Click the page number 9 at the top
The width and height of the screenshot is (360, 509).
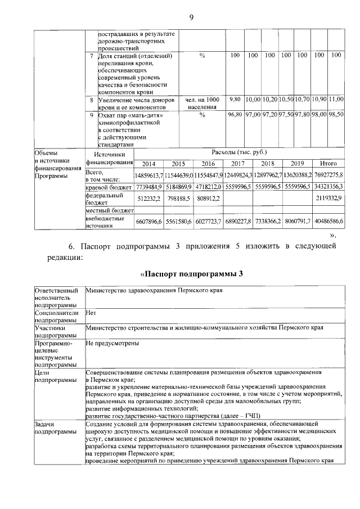[x=191, y=16]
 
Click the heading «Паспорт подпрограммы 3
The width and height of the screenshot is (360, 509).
[x=191, y=274]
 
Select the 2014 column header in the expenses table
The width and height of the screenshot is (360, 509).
[x=149, y=164]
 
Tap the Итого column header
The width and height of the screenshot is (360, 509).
[x=328, y=164]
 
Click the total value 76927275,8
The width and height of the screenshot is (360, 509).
[x=328, y=175]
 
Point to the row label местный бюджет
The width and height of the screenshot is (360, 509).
[x=109, y=210]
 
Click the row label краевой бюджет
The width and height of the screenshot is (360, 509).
[x=109, y=186]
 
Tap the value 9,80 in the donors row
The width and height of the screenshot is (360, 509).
[x=235, y=99]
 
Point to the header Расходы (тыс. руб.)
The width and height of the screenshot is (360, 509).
[x=239, y=152]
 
